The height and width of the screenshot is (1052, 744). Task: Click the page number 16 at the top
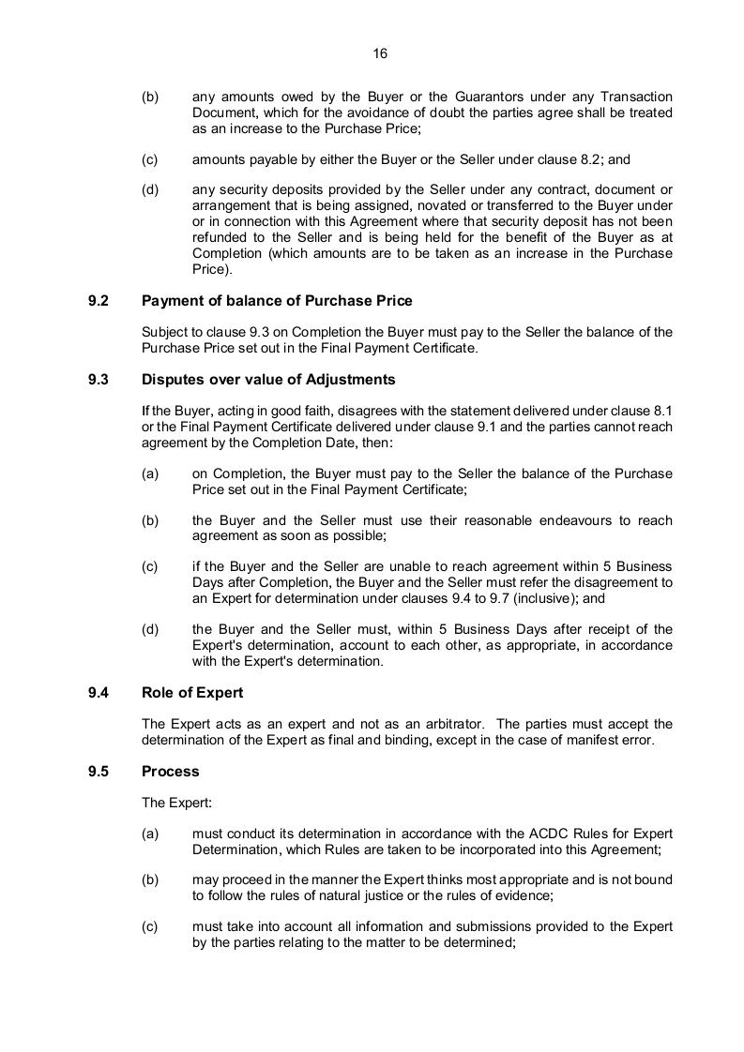(x=380, y=53)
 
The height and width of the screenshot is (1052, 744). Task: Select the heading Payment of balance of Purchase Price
(x=277, y=301)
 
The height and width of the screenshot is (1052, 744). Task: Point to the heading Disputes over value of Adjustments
(x=268, y=380)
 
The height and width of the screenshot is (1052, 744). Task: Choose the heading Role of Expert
(x=192, y=693)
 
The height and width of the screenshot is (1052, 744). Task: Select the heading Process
(x=171, y=772)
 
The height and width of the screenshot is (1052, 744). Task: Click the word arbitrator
(x=451, y=723)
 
